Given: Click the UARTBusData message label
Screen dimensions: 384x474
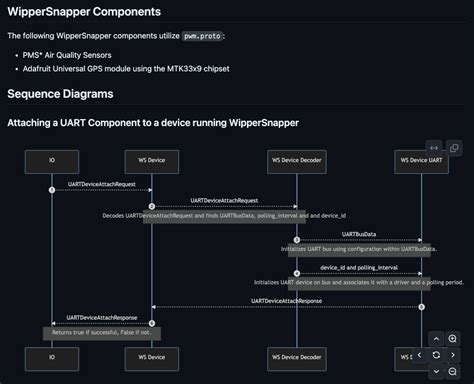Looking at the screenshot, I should (359, 234).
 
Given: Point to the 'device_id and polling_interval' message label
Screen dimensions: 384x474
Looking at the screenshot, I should (359, 267).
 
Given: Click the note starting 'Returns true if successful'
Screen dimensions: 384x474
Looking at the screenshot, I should (101, 331).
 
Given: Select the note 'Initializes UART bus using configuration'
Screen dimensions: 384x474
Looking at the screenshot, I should (359, 248).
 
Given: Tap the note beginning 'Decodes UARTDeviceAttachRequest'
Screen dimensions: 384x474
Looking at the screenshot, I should (225, 215).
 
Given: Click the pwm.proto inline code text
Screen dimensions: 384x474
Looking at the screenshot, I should (202, 35).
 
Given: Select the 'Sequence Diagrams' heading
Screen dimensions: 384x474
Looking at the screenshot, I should (60, 94).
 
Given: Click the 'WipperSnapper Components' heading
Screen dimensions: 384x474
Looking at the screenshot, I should (84, 11).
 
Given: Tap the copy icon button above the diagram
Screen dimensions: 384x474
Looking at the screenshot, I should (455, 148).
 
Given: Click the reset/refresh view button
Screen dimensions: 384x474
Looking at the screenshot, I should (436, 355).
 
